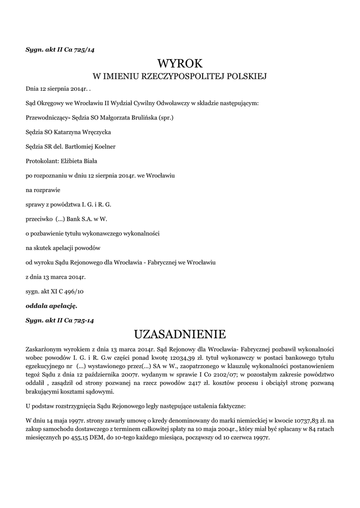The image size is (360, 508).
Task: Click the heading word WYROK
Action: pos(180,63)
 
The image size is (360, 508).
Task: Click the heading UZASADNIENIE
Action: pos(180,332)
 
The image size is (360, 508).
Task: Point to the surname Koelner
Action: pos(104,147)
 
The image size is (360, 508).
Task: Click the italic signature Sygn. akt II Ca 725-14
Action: pos(60,320)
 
